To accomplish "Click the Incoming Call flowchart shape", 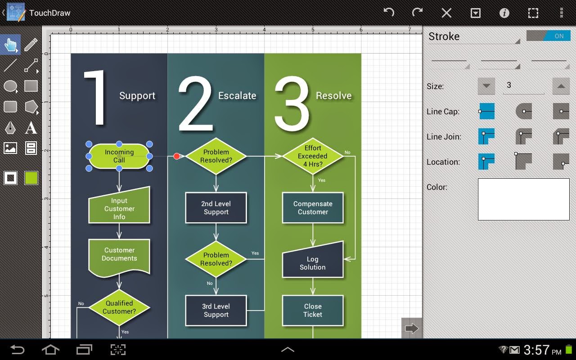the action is (x=119, y=156).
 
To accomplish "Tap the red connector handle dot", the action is (x=177, y=156).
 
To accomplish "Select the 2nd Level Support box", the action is (x=216, y=208).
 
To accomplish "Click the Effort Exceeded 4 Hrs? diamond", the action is (x=313, y=156).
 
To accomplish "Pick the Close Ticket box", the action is (x=313, y=310).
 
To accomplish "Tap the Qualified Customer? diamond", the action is (x=119, y=307).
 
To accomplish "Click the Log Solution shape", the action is (x=313, y=261).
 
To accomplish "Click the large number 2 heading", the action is (x=194, y=103).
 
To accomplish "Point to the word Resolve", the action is (x=333, y=95).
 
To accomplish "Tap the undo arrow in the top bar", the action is (x=389, y=13).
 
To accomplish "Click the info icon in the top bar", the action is (x=504, y=13).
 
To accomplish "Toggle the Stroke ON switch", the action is (x=548, y=36).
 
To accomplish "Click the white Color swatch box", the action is (x=523, y=199).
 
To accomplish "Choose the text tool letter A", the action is (x=31, y=128).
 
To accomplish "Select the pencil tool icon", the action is (x=31, y=45).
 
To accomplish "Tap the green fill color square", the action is (x=31, y=178).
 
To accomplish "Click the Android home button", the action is (x=50, y=350).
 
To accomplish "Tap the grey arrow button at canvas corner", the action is (x=411, y=328).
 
